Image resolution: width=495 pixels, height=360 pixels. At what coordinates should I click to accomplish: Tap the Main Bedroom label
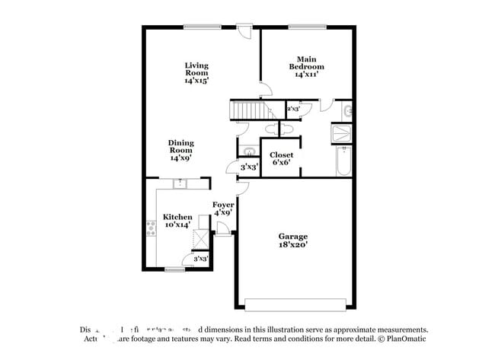306,66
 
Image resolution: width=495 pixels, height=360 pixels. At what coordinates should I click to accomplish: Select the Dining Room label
181,149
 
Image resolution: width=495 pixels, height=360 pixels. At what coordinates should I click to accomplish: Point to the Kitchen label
177,221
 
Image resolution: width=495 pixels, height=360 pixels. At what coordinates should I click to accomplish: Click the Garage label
293,241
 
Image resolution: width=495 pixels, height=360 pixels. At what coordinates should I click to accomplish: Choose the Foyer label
223,208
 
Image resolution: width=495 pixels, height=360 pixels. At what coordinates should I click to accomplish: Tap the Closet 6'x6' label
281,158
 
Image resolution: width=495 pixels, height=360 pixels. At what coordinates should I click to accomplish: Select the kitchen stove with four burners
151,228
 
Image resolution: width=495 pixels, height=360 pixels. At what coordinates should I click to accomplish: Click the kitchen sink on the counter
180,183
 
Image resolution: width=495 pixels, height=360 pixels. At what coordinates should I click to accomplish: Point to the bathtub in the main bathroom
343,161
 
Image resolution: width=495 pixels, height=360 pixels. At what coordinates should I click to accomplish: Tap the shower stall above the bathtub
343,135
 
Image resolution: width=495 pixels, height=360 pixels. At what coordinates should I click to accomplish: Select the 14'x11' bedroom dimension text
305,75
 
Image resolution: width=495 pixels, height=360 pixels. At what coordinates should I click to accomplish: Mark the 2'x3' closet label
293,110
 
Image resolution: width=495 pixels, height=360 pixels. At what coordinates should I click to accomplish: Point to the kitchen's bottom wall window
175,269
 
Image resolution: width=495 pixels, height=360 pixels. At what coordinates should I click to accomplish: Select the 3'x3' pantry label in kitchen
201,260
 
